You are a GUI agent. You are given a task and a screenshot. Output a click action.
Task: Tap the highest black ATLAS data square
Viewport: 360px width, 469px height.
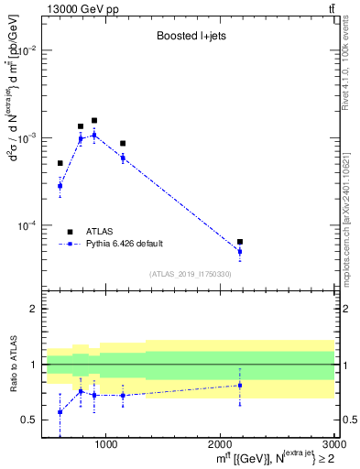[93, 120]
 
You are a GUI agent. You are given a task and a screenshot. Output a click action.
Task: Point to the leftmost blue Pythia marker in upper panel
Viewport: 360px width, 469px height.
[60, 186]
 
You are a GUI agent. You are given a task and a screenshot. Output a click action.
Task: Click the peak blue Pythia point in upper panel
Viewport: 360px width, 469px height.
[93, 136]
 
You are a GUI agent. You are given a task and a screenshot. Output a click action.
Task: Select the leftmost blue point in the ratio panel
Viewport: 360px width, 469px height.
[60, 412]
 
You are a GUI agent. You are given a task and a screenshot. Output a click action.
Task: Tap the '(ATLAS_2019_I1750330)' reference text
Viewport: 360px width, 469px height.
[190, 274]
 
